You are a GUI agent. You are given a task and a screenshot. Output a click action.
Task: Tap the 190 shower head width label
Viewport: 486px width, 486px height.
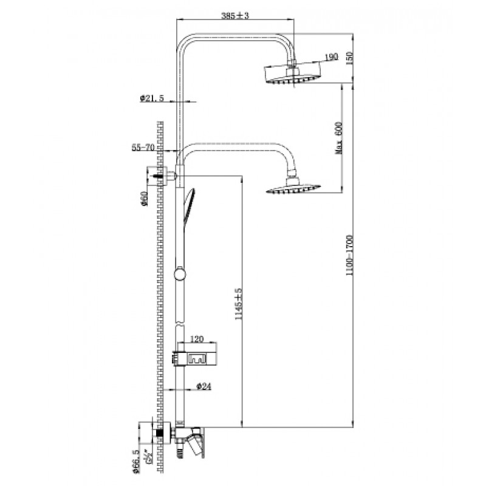coord(331,57)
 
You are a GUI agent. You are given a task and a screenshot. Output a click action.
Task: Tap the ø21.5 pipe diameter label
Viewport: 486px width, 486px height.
coord(152,98)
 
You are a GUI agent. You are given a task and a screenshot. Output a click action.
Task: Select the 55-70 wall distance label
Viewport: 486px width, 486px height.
coord(141,148)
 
